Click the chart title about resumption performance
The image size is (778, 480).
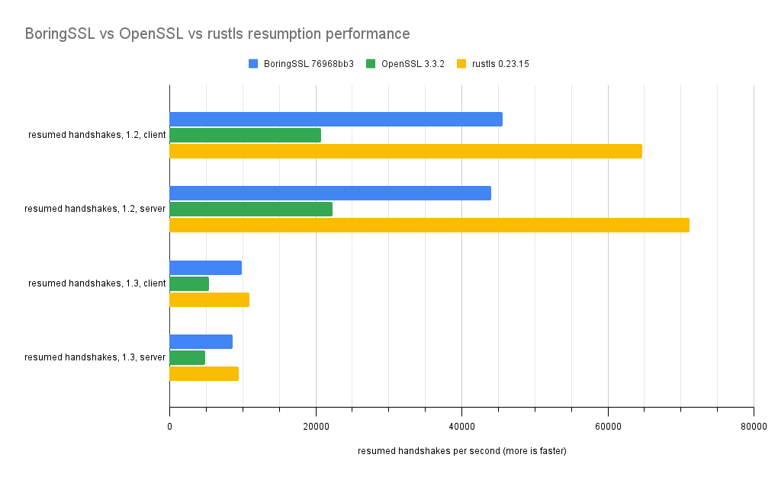pyautogui.click(x=217, y=34)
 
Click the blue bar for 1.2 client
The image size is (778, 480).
pyautogui.click(x=336, y=119)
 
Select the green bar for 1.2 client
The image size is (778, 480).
pyautogui.click(x=245, y=135)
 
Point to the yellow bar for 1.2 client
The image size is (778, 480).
pyautogui.click(x=405, y=151)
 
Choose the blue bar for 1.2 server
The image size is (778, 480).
pyautogui.click(x=330, y=193)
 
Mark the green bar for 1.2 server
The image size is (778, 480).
pyautogui.click(x=250, y=209)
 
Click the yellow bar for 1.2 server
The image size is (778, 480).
pyautogui.click(x=429, y=225)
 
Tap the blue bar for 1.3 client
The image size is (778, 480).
pyautogui.click(x=205, y=267)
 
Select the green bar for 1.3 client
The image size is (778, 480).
pyautogui.click(x=188, y=283)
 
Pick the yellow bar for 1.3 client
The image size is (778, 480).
pyautogui.click(x=209, y=299)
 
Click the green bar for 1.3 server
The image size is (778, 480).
pyautogui.click(x=187, y=357)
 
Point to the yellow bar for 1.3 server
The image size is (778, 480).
pyautogui.click(x=204, y=373)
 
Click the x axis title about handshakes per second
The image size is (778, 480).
pyautogui.click(x=461, y=451)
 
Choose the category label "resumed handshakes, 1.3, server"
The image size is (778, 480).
pyautogui.click(x=95, y=357)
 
